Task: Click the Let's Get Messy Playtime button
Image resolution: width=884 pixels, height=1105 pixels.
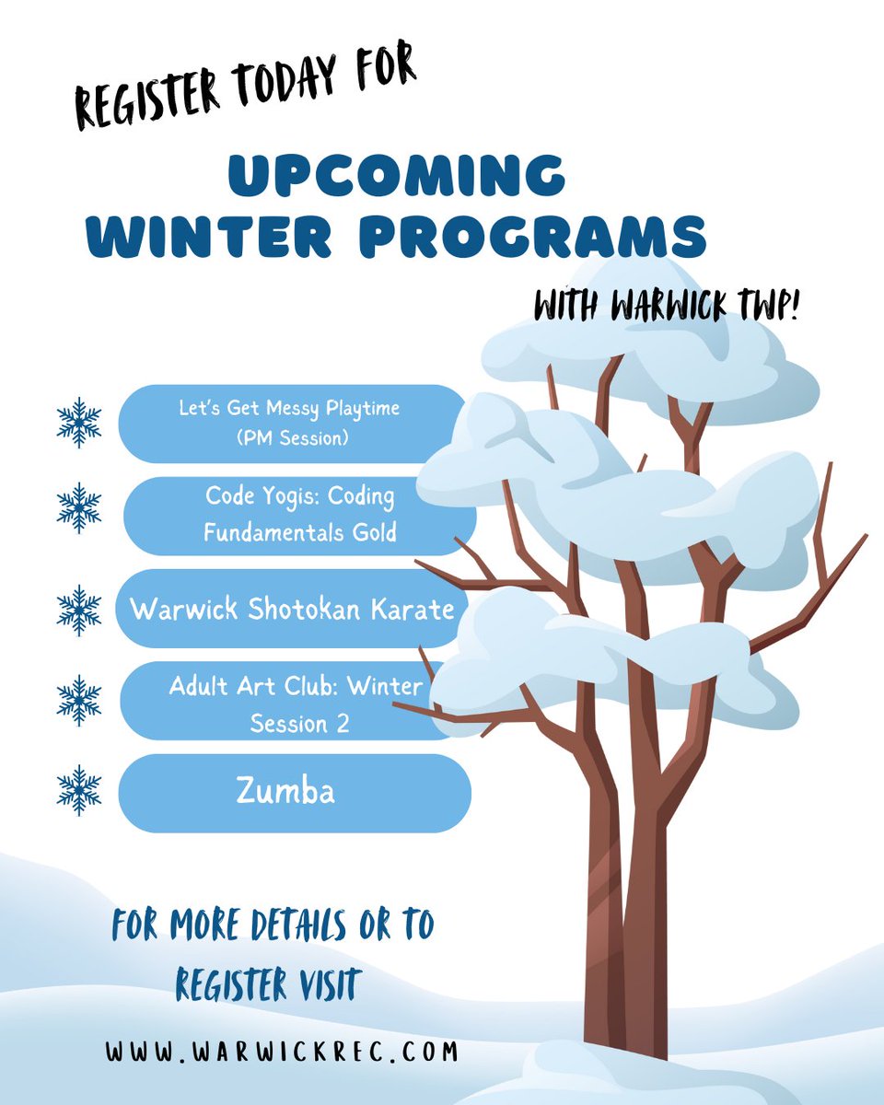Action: click(291, 423)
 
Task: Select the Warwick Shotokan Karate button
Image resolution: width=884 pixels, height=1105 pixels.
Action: click(291, 609)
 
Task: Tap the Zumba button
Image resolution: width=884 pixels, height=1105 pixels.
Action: click(295, 792)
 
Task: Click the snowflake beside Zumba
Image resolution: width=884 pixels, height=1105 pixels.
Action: click(79, 790)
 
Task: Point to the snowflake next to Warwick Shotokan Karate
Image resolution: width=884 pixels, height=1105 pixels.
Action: click(79, 610)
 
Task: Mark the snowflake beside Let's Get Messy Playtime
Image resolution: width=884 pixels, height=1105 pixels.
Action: click(79, 422)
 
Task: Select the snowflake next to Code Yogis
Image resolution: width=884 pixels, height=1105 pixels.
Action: click(79, 507)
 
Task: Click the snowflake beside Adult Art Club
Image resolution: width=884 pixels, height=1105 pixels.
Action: click(79, 700)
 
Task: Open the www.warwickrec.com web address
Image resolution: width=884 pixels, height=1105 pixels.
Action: click(281, 1052)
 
